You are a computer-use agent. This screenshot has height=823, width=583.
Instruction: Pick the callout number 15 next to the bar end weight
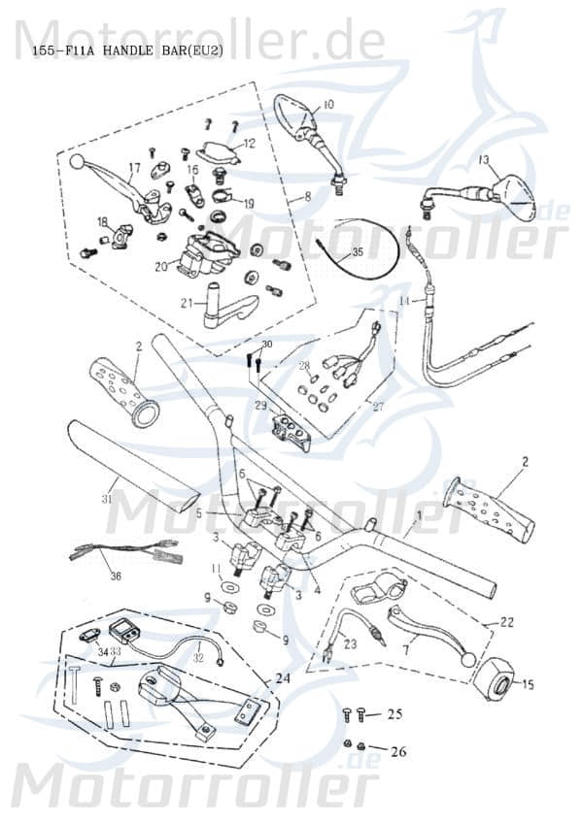click(528, 684)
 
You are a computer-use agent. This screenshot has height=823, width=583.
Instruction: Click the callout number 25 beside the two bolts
click(394, 714)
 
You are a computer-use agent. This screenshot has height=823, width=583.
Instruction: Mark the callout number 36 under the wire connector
click(116, 576)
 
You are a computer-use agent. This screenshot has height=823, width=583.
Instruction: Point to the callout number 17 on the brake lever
click(134, 168)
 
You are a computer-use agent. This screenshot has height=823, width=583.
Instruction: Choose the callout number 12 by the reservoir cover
click(249, 144)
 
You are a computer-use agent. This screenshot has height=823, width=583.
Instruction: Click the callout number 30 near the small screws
click(267, 345)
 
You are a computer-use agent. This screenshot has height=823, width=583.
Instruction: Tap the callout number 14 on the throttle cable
click(404, 302)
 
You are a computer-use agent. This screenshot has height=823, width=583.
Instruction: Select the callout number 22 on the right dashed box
click(507, 622)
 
